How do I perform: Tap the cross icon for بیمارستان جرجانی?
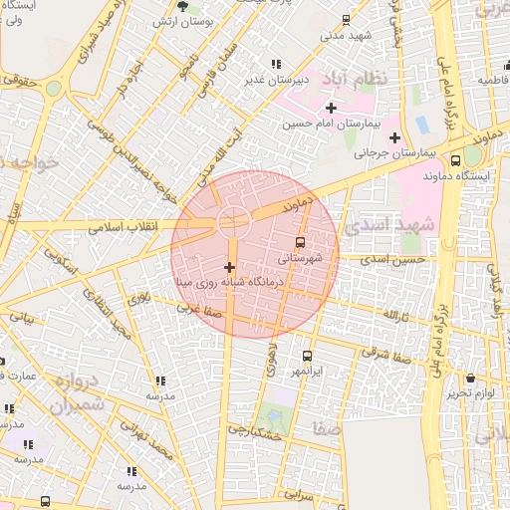coord(394,137)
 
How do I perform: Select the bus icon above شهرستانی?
coord(299,241)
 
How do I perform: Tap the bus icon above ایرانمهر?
coord(306,356)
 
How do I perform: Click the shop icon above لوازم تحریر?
coord(470,378)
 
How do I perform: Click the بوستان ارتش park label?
coord(183,22)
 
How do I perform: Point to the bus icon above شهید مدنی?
coord(346,19)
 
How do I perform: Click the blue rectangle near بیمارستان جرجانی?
coord(421,126)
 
